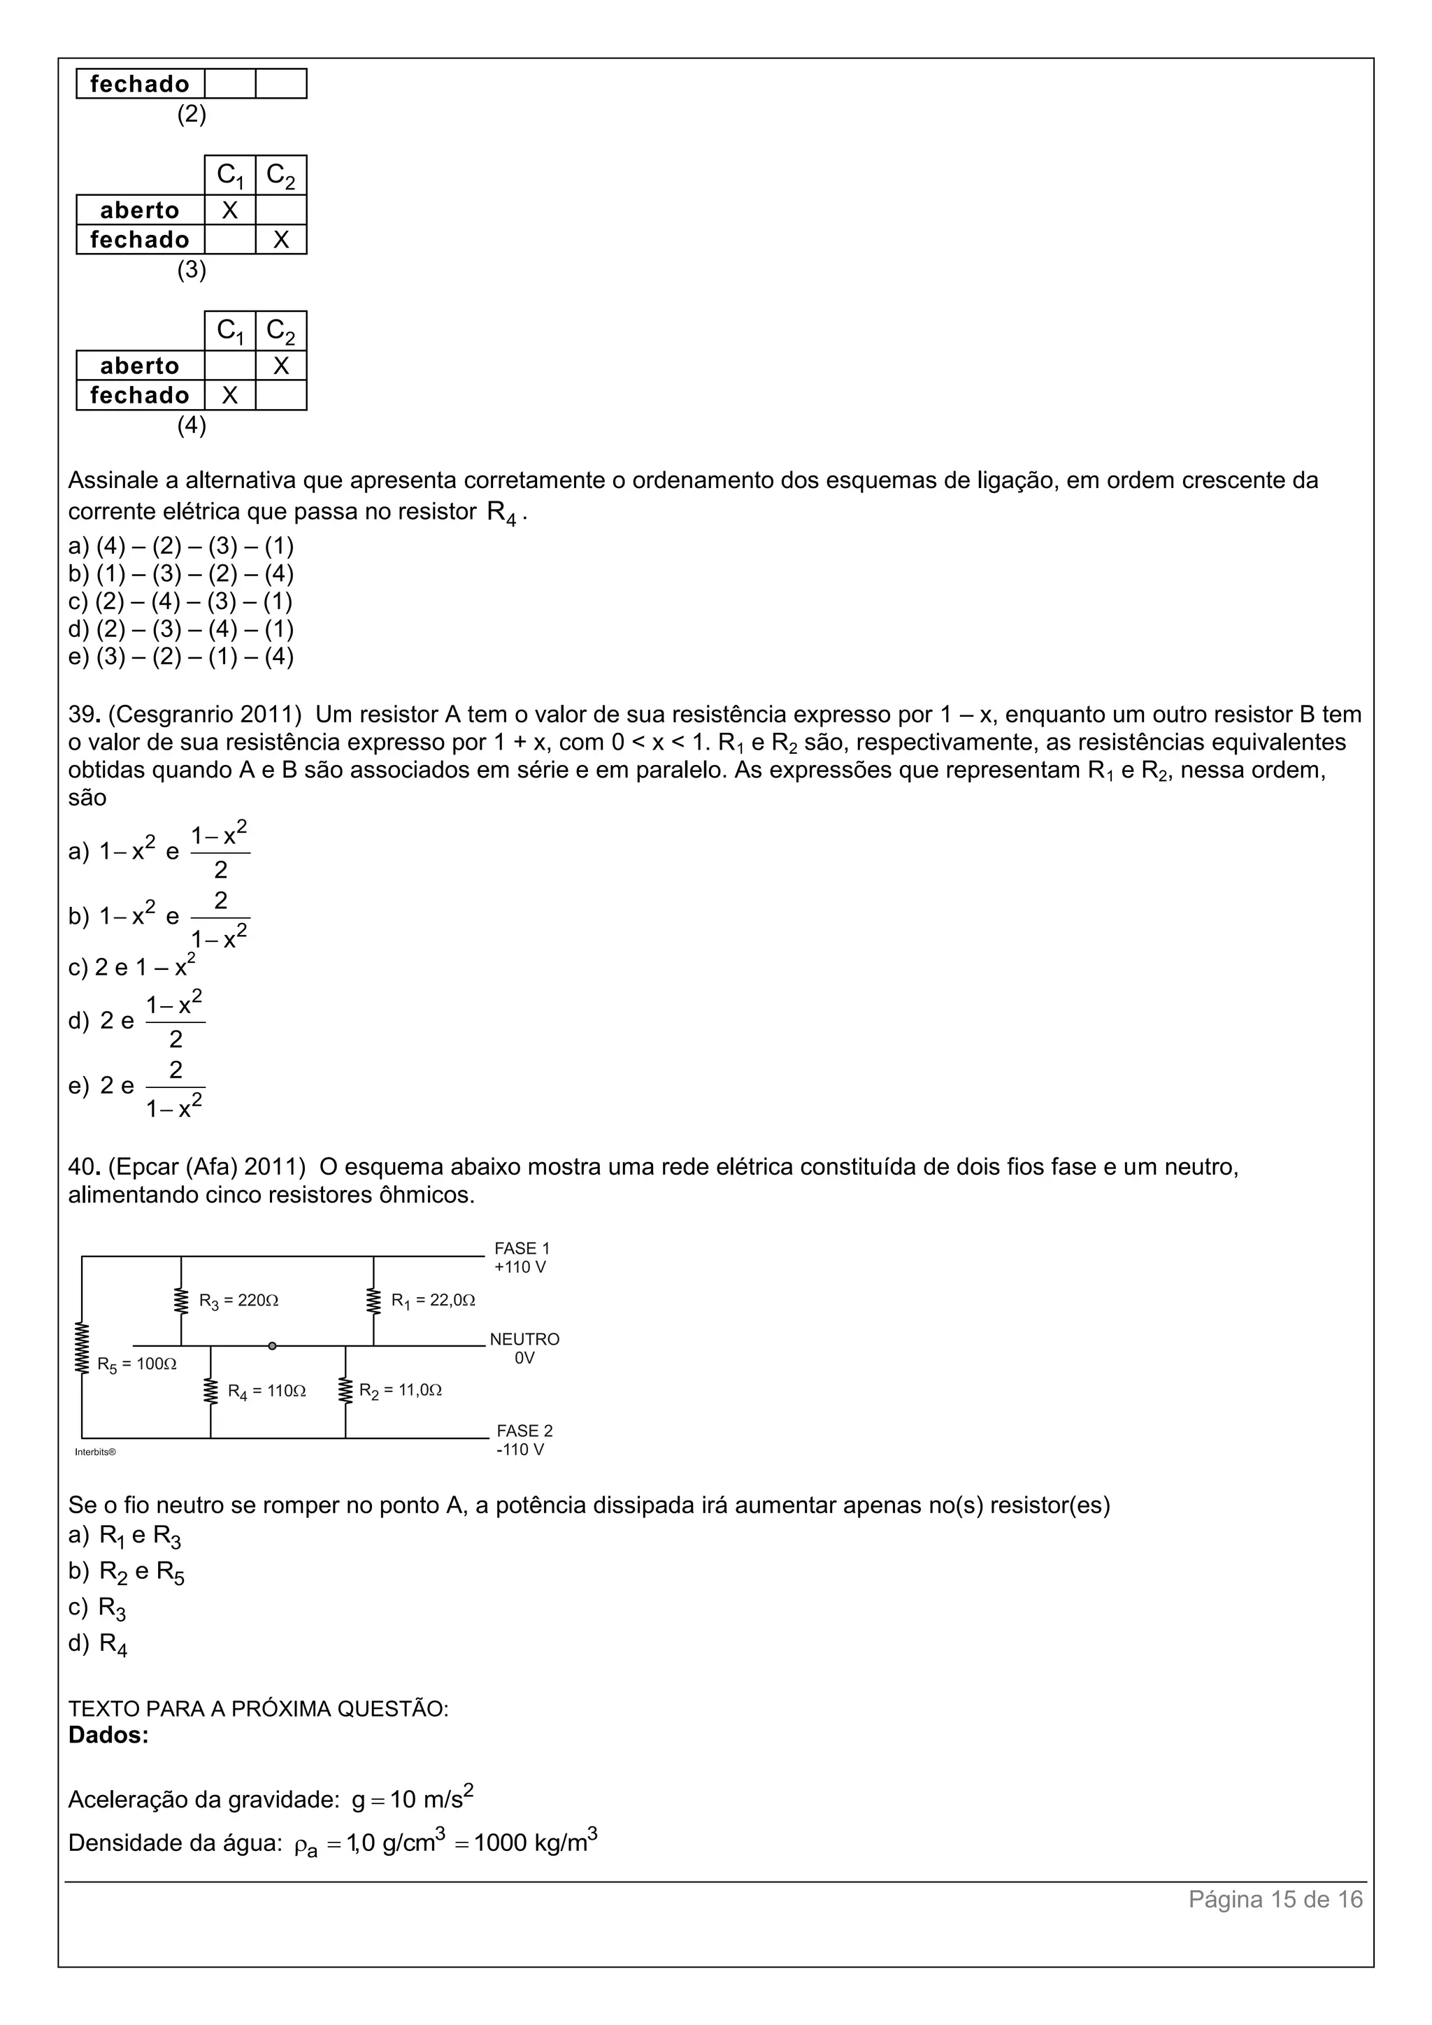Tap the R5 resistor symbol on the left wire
(82, 1347)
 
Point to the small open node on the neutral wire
(273, 1346)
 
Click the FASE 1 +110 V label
(521, 1258)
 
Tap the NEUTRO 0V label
(524, 1349)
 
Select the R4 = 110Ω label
(266, 1391)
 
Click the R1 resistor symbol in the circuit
(374, 1300)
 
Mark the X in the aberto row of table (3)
(230, 210)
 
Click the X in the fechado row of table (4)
(230, 395)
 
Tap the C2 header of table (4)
(280, 331)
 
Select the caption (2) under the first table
(192, 114)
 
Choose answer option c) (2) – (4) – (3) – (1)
(181, 601)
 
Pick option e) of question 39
(136, 1087)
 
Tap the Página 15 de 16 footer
(1275, 1899)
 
